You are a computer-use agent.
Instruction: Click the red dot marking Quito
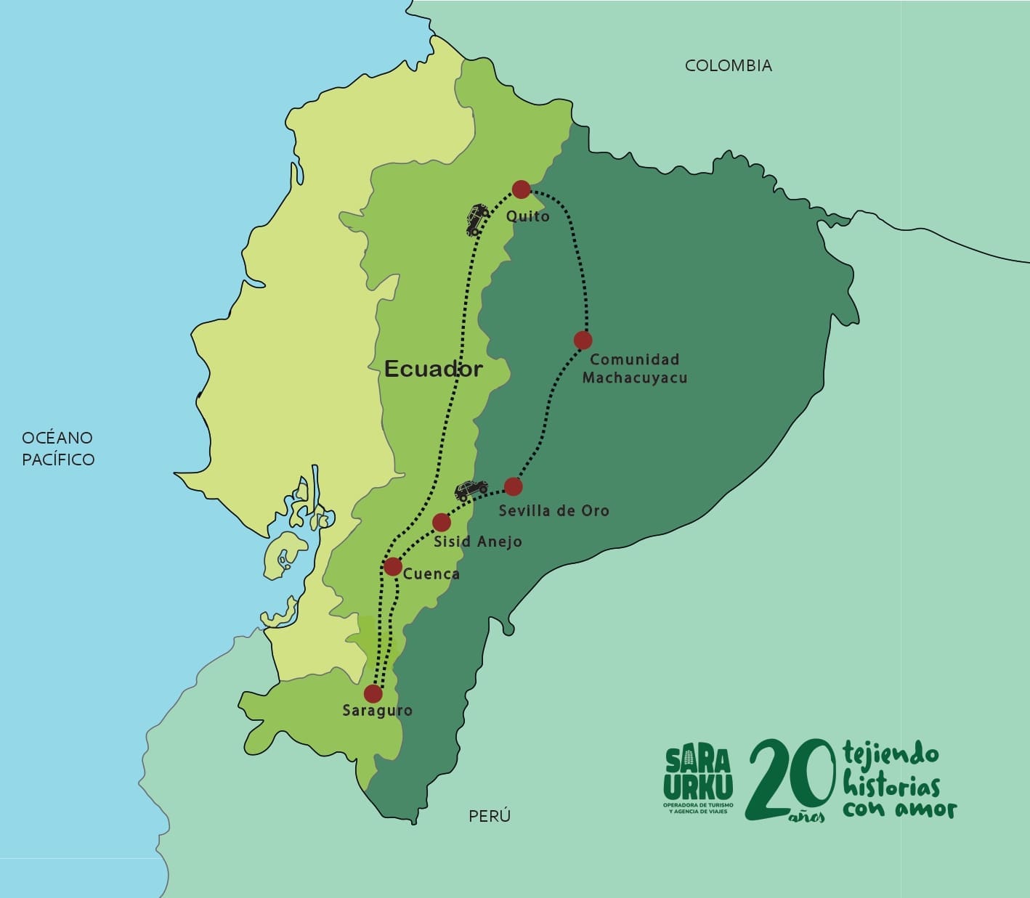(x=521, y=189)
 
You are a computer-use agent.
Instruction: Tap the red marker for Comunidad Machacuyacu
(x=583, y=340)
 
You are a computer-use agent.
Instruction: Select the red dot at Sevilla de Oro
(x=513, y=486)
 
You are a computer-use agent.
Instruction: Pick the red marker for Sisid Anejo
(x=442, y=523)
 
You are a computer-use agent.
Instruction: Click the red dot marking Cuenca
(x=392, y=566)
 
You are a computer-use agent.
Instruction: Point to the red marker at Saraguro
(x=373, y=693)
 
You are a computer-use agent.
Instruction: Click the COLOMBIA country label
(x=729, y=65)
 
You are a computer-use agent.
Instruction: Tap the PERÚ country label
(x=490, y=816)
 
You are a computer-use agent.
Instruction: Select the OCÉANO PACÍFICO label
(x=58, y=448)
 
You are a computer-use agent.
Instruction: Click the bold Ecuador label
(x=433, y=369)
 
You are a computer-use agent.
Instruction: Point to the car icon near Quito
(x=477, y=219)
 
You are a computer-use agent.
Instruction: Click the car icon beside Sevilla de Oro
(x=471, y=489)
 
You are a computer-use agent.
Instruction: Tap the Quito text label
(x=528, y=216)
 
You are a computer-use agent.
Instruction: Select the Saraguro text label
(x=377, y=711)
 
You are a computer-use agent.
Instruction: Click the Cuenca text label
(x=431, y=574)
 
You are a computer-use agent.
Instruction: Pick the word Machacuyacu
(x=635, y=377)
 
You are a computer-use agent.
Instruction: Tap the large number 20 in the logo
(x=788, y=780)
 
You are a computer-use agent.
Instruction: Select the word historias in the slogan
(x=891, y=785)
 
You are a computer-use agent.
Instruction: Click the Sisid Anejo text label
(x=478, y=542)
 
